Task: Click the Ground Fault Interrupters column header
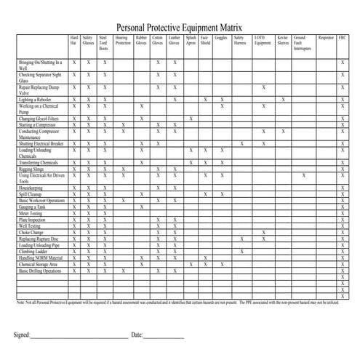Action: [x=303, y=44]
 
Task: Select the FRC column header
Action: [x=343, y=36]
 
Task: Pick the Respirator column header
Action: [x=326, y=36]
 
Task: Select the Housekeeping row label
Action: [x=32, y=188]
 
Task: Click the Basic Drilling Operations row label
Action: [x=41, y=271]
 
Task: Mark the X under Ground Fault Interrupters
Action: [x=303, y=175]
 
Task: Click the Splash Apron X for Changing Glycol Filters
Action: [x=191, y=119]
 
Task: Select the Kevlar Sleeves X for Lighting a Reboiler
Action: [x=283, y=100]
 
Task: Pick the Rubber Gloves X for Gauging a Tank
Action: [x=141, y=207]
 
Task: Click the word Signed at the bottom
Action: [x=22, y=335]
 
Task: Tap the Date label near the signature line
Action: [x=137, y=335]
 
